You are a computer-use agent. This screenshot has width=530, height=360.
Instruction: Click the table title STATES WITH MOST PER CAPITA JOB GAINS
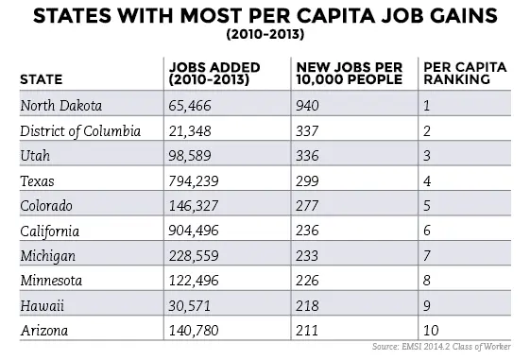tap(265, 17)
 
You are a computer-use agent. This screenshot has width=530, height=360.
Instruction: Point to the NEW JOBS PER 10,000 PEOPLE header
tap(350, 73)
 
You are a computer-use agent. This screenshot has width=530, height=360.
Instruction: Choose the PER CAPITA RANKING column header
tap(462, 73)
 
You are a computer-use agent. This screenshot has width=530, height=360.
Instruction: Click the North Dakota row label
tap(62, 105)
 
